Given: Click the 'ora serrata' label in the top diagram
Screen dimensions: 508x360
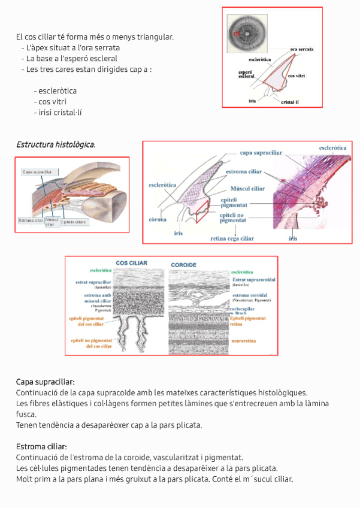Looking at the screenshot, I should (x=302, y=49).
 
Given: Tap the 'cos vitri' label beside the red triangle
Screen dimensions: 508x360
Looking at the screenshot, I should (x=297, y=76).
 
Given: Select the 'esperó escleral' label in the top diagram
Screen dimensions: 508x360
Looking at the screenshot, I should (x=246, y=74).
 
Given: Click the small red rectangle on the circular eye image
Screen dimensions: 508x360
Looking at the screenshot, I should (x=237, y=34).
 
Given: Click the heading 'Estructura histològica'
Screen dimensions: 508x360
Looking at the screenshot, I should (x=55, y=144).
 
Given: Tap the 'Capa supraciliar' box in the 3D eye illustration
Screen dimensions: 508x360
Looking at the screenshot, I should (x=37, y=172).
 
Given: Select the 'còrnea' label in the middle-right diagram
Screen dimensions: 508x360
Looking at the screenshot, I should (x=156, y=219).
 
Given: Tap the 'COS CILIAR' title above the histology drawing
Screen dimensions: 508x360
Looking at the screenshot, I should (x=131, y=263).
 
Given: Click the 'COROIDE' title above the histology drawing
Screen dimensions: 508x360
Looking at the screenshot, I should (x=183, y=264).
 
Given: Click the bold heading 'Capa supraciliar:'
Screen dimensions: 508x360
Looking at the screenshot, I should (x=46, y=382).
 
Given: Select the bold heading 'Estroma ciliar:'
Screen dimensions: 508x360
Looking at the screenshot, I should (x=41, y=446).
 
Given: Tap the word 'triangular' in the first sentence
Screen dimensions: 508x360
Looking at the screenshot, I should (x=155, y=37).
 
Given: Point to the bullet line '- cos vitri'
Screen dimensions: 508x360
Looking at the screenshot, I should (x=50, y=102).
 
